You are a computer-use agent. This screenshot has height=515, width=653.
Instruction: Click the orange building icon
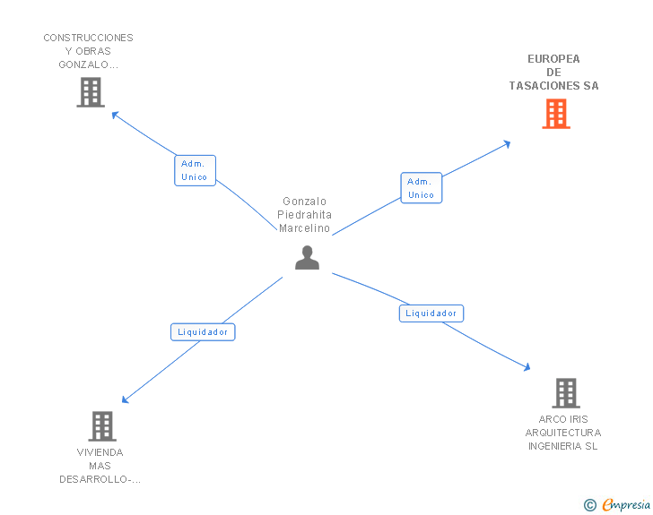(x=556, y=114)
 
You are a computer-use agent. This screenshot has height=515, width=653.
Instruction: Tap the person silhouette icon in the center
(x=308, y=258)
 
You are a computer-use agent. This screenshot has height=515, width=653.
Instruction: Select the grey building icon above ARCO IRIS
(x=566, y=392)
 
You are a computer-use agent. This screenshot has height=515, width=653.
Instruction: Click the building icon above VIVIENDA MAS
(x=102, y=426)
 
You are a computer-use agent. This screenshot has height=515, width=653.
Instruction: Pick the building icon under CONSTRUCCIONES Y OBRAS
(x=91, y=92)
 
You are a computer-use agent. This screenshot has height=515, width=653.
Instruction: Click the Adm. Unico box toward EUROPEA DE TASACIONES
(x=421, y=188)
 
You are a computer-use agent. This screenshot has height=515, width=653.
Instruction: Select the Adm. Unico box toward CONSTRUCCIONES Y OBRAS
(x=195, y=170)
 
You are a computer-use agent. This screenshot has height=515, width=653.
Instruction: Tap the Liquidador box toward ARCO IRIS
(x=431, y=313)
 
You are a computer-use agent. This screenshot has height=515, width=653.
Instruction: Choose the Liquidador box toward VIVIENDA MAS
(x=203, y=332)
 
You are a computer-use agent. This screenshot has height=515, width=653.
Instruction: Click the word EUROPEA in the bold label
(x=554, y=59)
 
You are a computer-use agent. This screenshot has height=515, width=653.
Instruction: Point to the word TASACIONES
(x=544, y=86)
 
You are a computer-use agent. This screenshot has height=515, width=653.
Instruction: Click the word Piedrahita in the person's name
(x=304, y=215)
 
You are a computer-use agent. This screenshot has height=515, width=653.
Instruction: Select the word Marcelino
(x=304, y=228)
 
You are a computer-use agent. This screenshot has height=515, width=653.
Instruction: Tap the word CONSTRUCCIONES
(x=88, y=38)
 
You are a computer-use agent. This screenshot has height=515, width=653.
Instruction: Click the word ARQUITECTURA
(x=563, y=433)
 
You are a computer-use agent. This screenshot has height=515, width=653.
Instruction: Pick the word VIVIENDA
(x=100, y=452)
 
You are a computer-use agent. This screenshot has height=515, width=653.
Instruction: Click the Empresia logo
(x=617, y=504)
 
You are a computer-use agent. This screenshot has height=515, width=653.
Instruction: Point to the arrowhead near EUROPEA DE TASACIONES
(x=507, y=144)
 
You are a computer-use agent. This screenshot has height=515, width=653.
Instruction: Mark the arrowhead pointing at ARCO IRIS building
(x=527, y=367)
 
